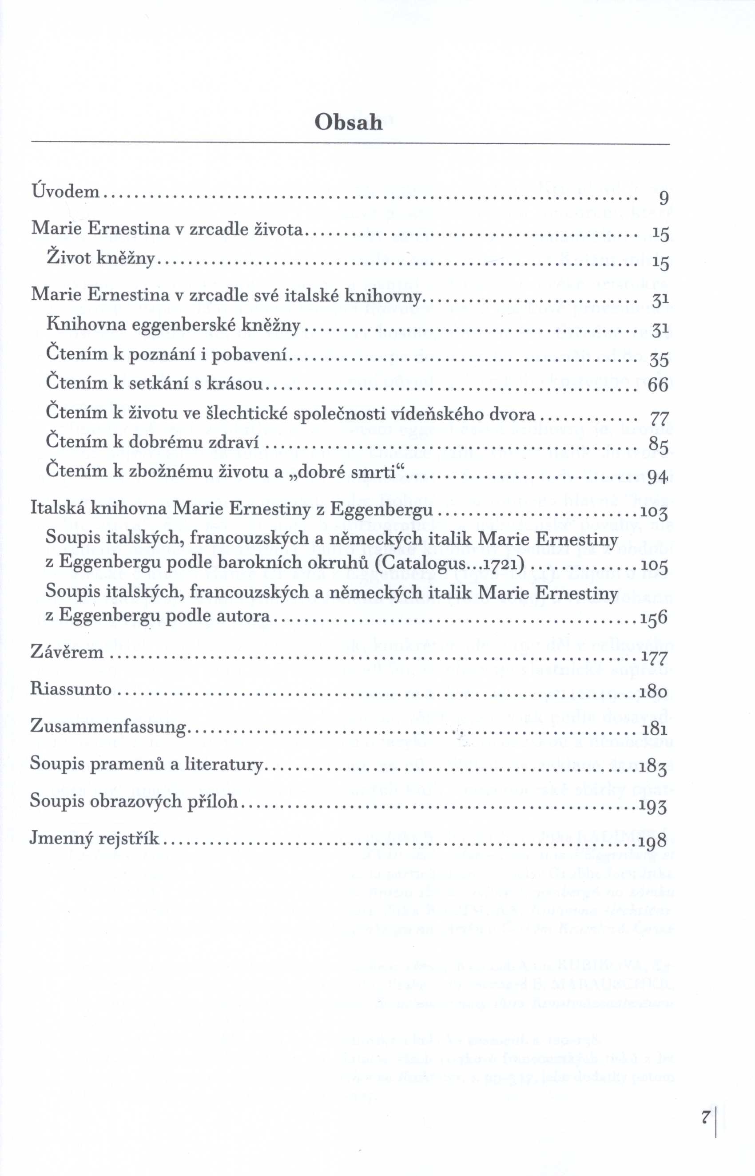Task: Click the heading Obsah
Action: (x=348, y=122)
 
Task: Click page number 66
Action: (x=658, y=385)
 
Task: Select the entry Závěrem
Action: (x=67, y=652)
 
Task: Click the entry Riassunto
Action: (x=71, y=689)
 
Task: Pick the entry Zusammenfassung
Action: (x=108, y=726)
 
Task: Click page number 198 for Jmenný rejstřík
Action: (x=653, y=841)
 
